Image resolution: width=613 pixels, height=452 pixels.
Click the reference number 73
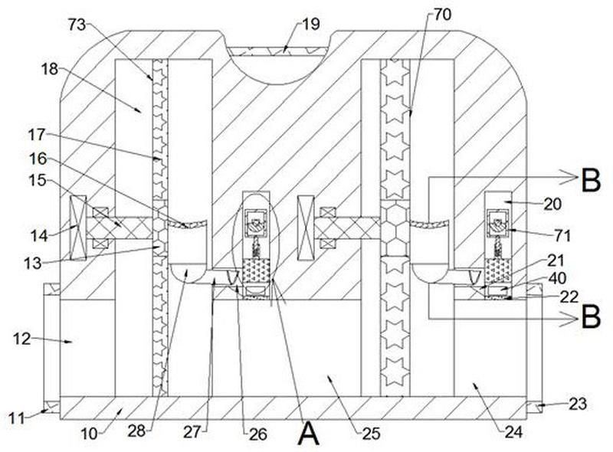pos(77,25)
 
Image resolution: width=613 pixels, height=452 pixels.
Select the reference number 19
pos(311,25)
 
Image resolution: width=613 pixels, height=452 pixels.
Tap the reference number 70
pos(443,15)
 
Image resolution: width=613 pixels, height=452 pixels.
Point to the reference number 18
pos(50,69)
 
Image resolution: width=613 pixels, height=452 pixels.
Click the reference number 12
pos(21,339)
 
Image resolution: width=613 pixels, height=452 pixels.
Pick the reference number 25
pos(371,434)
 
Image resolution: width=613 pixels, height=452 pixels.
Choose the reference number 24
pos(513,432)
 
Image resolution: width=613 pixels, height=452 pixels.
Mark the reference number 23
pos(578,404)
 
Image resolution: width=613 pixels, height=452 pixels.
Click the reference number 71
pos(562,235)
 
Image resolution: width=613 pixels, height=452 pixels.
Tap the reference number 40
pos(558,278)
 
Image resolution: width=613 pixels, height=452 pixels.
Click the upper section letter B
pos(591,180)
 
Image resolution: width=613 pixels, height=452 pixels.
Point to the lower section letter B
pos(591,316)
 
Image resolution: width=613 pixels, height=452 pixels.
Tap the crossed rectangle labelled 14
pos(77,228)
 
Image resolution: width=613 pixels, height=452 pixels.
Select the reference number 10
pos(90,434)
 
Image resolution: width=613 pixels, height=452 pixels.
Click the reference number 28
pos(137,431)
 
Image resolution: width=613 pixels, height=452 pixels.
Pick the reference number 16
pos(38,159)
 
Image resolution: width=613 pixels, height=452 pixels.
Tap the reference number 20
pos(552,204)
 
